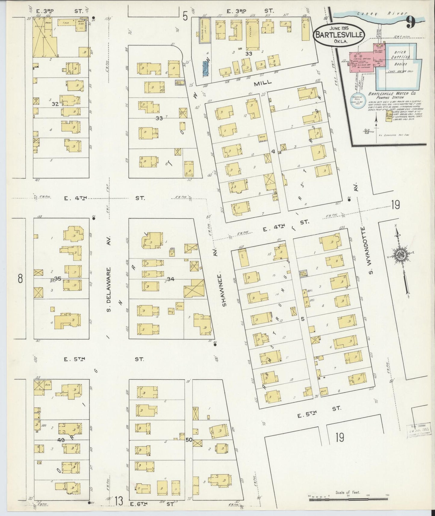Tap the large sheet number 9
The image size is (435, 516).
pyautogui.click(x=410, y=22)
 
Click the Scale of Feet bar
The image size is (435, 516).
pyautogui.click(x=348, y=500)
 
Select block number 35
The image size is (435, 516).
pyautogui.click(x=57, y=278)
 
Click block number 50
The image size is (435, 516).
pyautogui.click(x=189, y=440)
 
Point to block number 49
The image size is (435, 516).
pyautogui.click(x=61, y=440)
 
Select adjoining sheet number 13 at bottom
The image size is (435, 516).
pyautogui.click(x=119, y=501)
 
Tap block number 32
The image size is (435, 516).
pyautogui.click(x=55, y=104)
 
